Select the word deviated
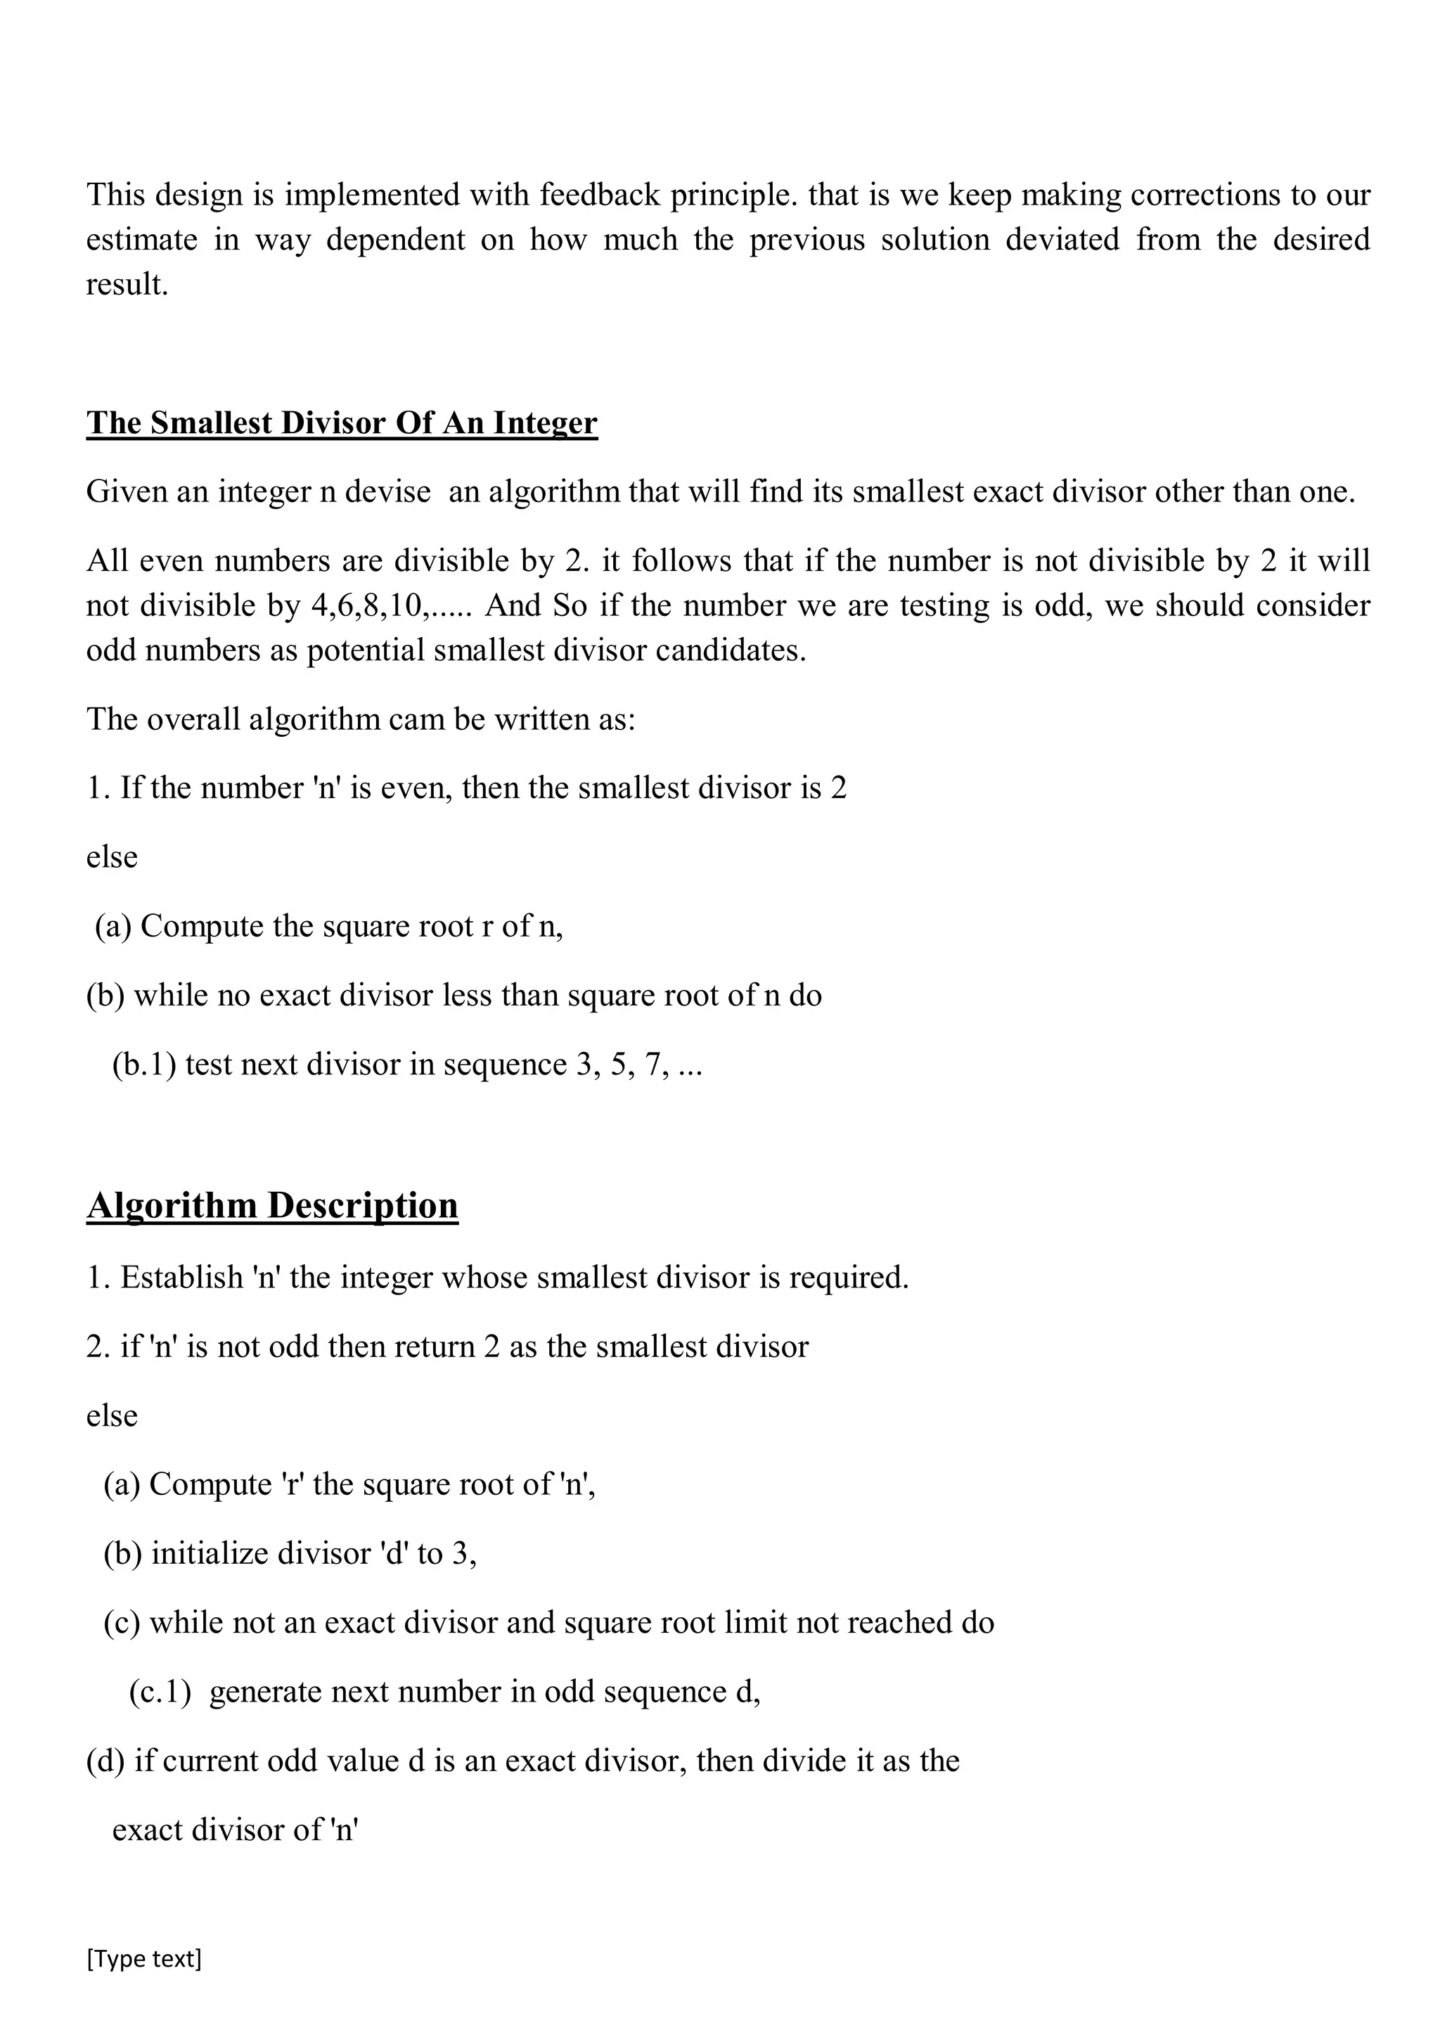[1062, 240]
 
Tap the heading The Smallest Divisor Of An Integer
[342, 423]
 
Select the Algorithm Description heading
[272, 1204]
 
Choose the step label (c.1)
[160, 1692]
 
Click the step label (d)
[105, 1761]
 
